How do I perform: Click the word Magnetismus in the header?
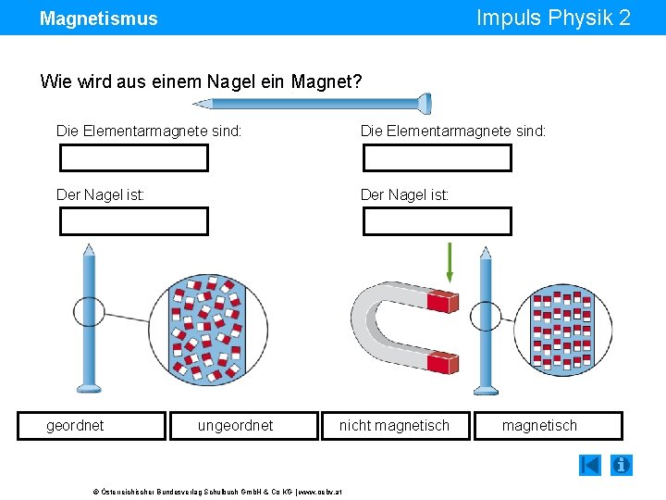(x=99, y=19)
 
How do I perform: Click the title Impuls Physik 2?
(x=553, y=18)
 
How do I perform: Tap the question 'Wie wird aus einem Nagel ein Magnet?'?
(x=201, y=81)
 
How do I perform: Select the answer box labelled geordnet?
(x=91, y=426)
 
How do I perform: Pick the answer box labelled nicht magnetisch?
(x=394, y=426)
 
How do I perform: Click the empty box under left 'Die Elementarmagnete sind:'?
(x=134, y=158)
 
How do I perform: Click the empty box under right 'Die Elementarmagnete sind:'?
(x=437, y=158)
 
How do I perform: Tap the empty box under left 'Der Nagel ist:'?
(x=134, y=221)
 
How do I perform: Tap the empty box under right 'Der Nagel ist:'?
(x=437, y=221)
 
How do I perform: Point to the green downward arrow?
(x=450, y=262)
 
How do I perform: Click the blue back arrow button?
(x=590, y=465)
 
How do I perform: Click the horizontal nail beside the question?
(x=388, y=103)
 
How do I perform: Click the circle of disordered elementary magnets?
(x=208, y=330)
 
